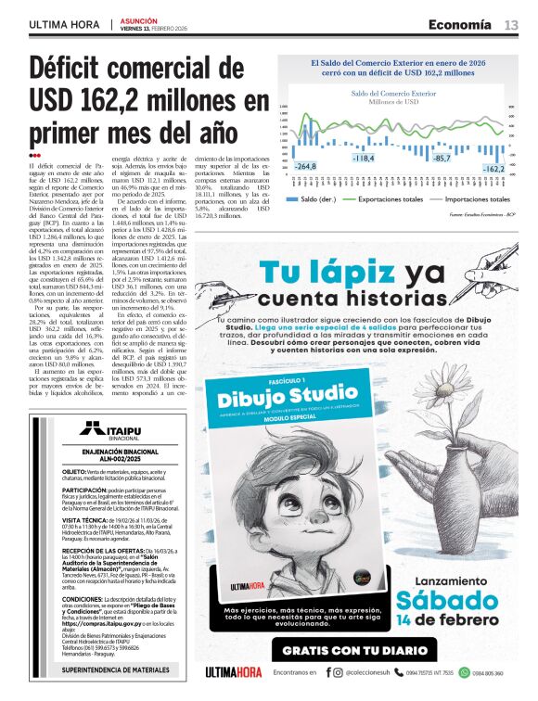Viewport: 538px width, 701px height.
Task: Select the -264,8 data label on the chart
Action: tap(305, 166)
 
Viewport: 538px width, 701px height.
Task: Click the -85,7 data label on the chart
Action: tap(442, 159)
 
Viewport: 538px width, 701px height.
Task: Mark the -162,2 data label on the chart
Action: tap(493, 169)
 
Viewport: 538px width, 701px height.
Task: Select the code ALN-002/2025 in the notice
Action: tap(109, 457)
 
